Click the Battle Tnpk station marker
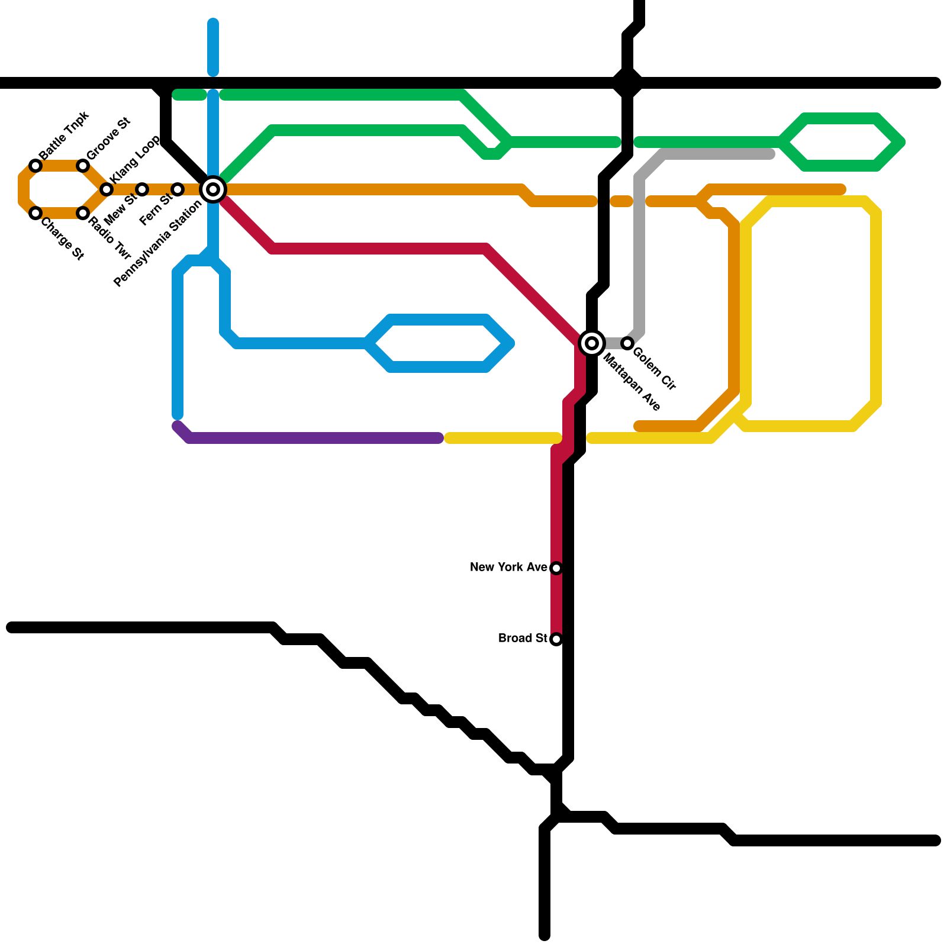pos(36,166)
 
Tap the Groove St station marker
pos(83,166)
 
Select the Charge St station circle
pos(36,213)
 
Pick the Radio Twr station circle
pos(83,213)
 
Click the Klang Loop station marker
pos(107,189)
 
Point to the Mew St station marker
pos(142,189)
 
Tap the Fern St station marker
pos(178,189)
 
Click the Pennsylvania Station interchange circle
pos(213,189)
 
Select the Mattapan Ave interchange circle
pos(592,343)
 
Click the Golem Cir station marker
pos(627,343)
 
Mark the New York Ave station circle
pos(556,568)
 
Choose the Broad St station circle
pos(556,639)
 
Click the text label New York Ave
pos(508,568)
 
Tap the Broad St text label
pos(523,639)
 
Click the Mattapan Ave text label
pos(631,382)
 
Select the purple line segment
pos(314,438)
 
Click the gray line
pos(639,249)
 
